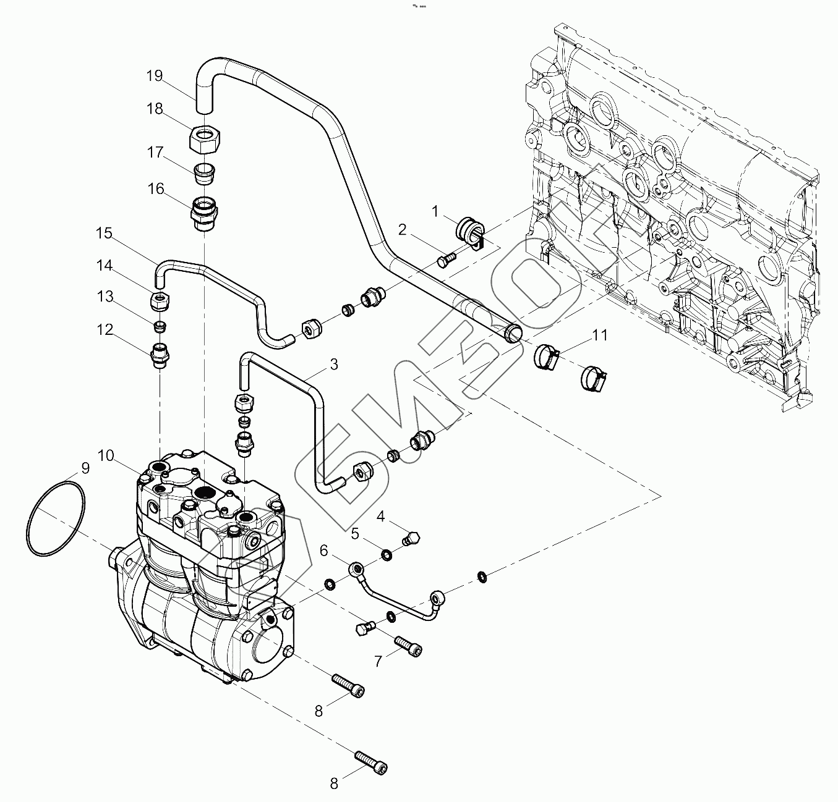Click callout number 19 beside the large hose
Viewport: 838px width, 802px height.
(x=154, y=76)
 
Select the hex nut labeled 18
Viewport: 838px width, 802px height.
(x=204, y=140)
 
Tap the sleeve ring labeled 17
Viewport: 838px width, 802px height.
(x=203, y=173)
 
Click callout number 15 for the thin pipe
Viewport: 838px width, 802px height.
(x=104, y=234)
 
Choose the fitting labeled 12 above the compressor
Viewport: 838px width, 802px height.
(x=160, y=356)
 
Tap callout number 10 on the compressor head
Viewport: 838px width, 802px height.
(x=105, y=456)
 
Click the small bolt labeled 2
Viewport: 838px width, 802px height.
(x=446, y=260)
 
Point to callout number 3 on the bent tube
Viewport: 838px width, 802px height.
(x=333, y=365)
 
